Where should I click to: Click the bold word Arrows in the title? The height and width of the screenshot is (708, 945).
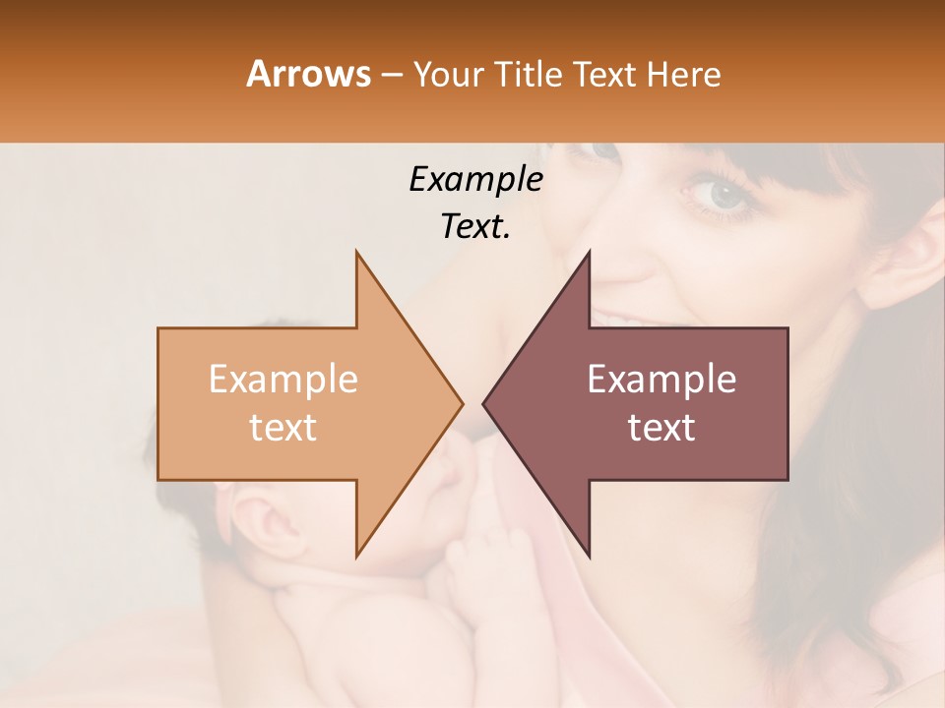[309, 74]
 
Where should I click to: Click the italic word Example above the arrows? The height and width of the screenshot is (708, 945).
[475, 179]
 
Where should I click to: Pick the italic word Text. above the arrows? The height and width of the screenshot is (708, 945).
[475, 226]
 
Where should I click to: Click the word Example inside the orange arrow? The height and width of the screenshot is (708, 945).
[283, 380]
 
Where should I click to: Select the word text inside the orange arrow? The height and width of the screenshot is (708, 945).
[283, 427]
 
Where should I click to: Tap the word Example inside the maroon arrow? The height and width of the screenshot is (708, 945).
[661, 380]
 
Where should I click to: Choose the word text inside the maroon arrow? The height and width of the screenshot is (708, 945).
[661, 427]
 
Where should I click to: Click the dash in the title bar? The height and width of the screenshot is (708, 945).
[391, 74]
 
